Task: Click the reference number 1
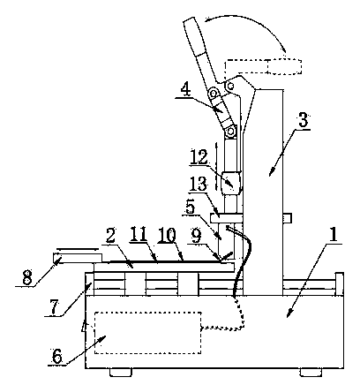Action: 334,235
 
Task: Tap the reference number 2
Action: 110,237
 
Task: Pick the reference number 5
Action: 190,208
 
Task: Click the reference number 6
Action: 57,357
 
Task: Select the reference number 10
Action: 167,236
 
